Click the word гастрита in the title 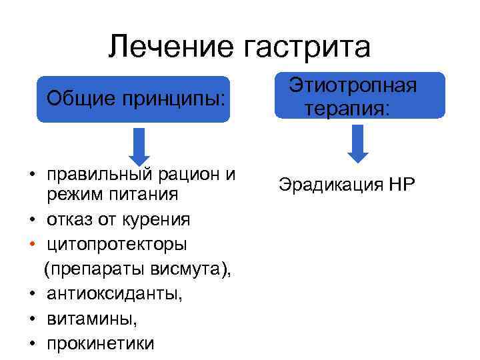tap(308, 47)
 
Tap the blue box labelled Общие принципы tap(133, 99)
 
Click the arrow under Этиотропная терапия tap(358, 143)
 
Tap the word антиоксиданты tap(113, 293)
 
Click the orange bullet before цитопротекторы tap(31, 244)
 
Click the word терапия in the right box tap(345, 108)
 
